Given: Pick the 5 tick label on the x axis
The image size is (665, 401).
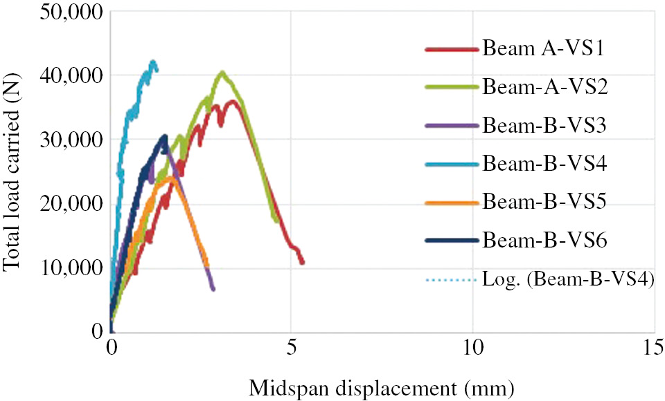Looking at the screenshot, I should [292, 345].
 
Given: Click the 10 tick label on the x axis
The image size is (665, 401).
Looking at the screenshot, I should [473, 345].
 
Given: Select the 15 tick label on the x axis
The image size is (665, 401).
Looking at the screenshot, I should [654, 345].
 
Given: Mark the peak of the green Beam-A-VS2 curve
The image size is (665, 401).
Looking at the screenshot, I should [222, 72].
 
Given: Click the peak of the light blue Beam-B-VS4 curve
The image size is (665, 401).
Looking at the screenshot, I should [152, 62].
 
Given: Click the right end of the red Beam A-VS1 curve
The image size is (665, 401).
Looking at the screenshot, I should [302, 262].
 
